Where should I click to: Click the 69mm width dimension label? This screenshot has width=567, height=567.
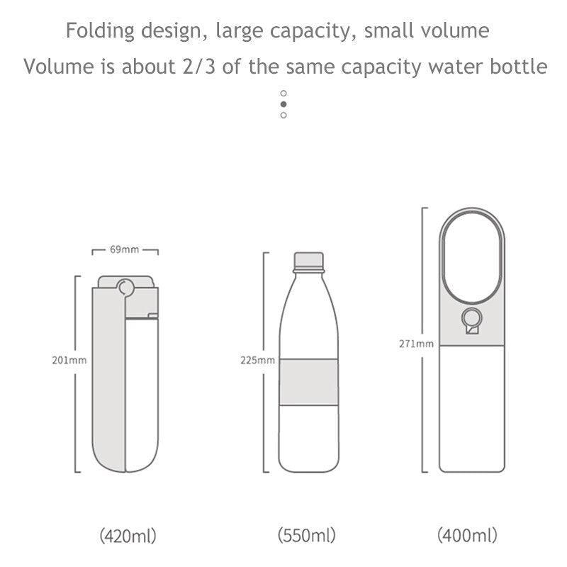[x=125, y=249]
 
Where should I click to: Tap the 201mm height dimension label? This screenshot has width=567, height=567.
[x=69, y=360]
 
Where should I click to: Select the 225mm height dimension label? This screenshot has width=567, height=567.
[x=258, y=360]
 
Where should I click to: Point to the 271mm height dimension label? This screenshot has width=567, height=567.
[x=417, y=344]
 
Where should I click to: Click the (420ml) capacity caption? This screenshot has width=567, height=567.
[x=128, y=536]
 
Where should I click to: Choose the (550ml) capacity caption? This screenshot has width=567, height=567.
[x=307, y=535]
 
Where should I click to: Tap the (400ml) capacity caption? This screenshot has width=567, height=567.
[x=467, y=535]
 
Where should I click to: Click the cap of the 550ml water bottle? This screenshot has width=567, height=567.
[x=308, y=261]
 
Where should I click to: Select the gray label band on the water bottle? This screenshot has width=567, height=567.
[x=308, y=382]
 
